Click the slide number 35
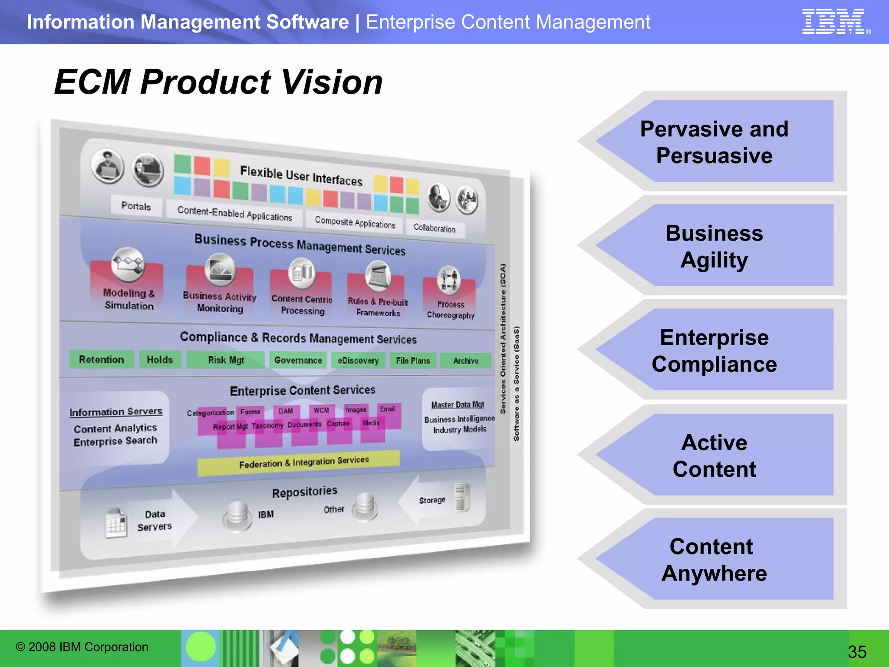click(857, 652)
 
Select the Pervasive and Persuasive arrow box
click(714, 142)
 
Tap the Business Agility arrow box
click(714, 246)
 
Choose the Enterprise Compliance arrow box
click(714, 350)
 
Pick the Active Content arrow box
click(714, 456)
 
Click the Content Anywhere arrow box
click(714, 560)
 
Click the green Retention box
click(101, 360)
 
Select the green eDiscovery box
click(358, 360)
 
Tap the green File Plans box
click(413, 360)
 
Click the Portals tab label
click(136, 206)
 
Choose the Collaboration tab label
click(435, 228)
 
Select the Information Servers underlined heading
click(115, 412)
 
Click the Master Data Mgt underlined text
click(458, 405)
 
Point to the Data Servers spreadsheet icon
click(116, 523)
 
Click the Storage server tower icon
click(462, 498)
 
